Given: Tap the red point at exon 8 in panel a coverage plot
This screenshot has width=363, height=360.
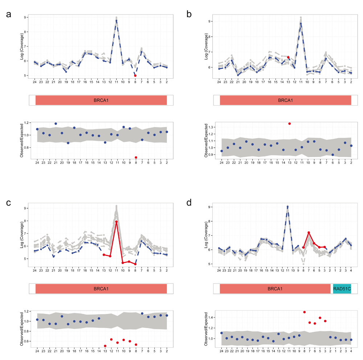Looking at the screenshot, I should [x=135, y=75].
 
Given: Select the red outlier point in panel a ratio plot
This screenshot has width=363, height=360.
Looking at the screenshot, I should [x=136, y=157].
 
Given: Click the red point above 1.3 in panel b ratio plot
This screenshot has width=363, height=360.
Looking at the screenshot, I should [x=289, y=124].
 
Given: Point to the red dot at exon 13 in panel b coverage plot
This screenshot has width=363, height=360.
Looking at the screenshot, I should [x=288, y=57].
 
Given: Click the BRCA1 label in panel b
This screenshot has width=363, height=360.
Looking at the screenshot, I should [x=285, y=100].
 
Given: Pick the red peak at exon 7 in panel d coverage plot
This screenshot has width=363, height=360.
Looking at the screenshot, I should [x=309, y=233].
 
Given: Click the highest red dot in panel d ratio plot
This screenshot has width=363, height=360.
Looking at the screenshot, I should [x=304, y=312].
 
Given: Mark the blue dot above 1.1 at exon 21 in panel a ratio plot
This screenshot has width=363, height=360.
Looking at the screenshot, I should [x=56, y=124].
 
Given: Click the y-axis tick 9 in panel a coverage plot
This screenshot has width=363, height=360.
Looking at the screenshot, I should [x=25, y=17].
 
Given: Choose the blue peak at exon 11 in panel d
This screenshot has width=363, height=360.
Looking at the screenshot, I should [x=287, y=207].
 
